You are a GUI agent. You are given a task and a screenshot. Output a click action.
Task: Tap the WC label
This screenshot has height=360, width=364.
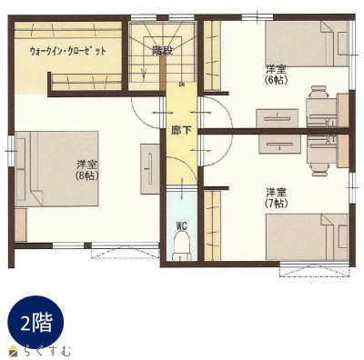click(181, 225)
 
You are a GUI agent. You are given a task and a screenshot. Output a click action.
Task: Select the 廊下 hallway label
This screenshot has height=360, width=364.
click(181, 131)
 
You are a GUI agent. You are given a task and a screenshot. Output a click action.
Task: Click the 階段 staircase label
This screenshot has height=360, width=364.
click(163, 50)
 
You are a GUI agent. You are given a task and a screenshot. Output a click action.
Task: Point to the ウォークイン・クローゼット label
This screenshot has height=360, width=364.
click(68, 51)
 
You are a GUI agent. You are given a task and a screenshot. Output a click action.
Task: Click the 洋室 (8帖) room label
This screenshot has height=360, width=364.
click(87, 170)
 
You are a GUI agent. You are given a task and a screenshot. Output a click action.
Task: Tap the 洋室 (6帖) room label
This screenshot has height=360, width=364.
click(276, 75)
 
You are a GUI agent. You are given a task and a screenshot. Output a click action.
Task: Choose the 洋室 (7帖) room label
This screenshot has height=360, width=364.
click(276, 197)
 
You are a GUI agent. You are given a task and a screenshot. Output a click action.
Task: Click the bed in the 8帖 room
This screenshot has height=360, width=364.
click(56, 169)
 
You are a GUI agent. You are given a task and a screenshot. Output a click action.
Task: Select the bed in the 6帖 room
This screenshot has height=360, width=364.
click(307, 44)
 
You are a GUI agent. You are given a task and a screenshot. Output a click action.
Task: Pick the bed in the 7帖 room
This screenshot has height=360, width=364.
click(307, 237)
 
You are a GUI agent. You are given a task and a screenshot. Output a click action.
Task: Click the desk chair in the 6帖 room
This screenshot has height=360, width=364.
click(318, 92)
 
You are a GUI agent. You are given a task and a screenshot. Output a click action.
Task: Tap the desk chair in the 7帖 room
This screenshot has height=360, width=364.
click(318, 169)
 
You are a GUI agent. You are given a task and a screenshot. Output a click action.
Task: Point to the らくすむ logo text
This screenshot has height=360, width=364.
click(48, 351)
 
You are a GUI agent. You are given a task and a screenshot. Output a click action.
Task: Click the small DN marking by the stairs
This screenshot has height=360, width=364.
click(182, 84)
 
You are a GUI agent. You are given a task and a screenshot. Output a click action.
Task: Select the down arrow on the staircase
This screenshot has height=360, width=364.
click(144, 72)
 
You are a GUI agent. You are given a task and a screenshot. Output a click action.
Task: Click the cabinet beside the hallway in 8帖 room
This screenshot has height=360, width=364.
click(150, 169)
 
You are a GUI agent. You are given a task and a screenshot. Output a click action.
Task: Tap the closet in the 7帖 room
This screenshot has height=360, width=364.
click(212, 225)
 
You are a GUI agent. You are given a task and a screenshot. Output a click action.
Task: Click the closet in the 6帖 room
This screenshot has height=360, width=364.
click(212, 55)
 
